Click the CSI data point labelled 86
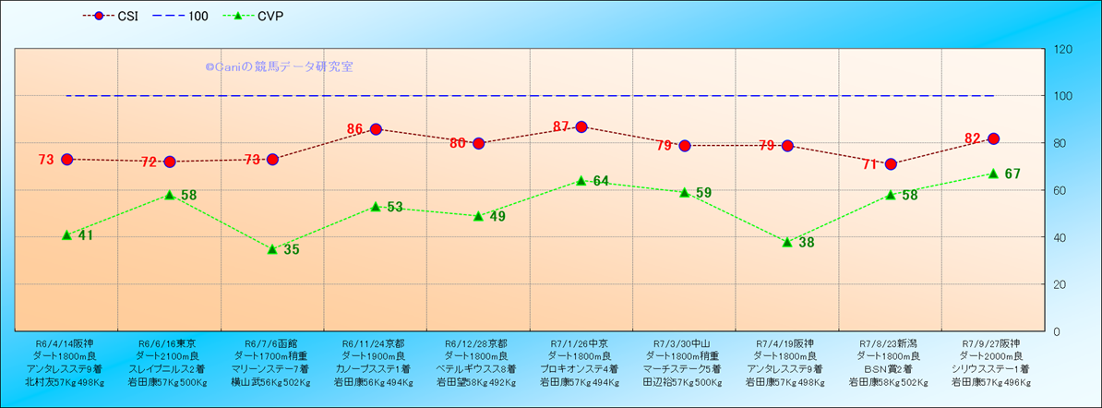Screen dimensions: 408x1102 (376, 129)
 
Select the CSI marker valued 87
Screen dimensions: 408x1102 (581, 126)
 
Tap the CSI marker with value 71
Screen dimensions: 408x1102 (891, 164)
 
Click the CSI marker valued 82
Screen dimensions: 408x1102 (993, 138)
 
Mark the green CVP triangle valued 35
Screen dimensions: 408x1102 (272, 249)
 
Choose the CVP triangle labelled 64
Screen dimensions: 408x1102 (581, 181)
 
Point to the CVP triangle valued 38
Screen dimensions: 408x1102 (787, 242)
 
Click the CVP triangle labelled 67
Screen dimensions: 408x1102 (993, 174)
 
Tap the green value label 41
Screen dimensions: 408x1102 (86, 235)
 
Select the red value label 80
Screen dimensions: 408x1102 (458, 143)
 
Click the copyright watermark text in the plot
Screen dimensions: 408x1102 (279, 66)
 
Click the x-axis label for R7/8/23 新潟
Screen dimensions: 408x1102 (890, 362)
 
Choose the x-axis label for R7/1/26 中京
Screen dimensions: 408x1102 (581, 362)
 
